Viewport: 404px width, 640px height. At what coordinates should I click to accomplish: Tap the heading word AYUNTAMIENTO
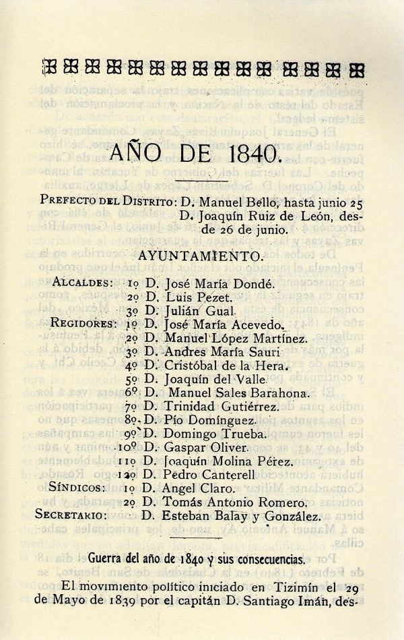pos(201,256)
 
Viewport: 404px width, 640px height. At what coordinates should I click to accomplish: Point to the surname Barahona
pos(274,393)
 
